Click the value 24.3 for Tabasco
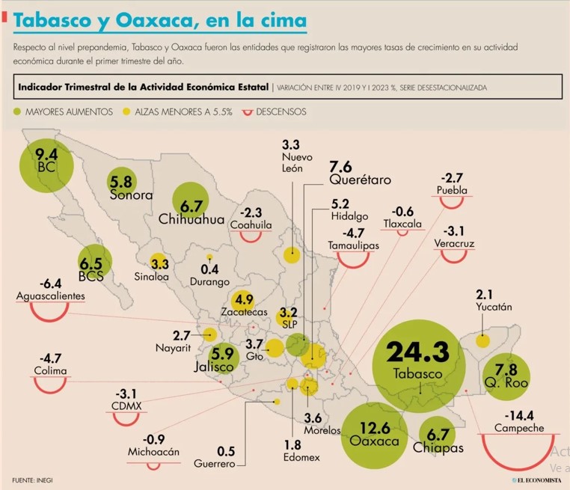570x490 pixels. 417,352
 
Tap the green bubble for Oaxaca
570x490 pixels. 375,436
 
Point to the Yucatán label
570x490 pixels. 494,307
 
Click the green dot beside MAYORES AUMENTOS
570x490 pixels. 17,111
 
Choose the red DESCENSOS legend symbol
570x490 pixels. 247,113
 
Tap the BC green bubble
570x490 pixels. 46,166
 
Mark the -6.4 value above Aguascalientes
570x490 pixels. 51,284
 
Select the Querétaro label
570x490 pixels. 361,180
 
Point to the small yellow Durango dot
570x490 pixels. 209,257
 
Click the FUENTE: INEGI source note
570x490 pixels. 32,480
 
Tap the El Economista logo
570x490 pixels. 536,480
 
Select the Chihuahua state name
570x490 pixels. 191,219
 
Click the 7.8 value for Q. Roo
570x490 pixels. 506,370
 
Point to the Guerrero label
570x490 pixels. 215,464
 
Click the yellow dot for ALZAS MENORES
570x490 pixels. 126,111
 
